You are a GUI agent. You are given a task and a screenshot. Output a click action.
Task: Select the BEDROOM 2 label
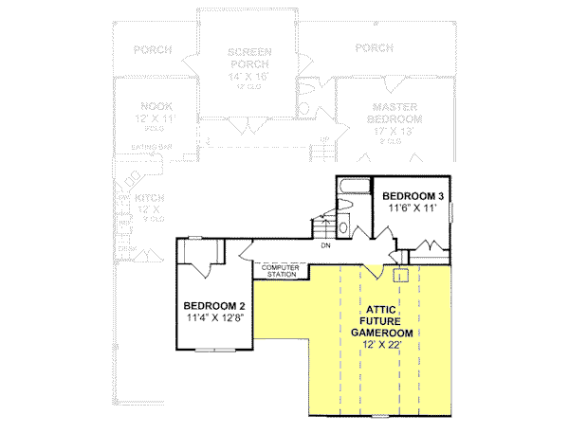(215, 305)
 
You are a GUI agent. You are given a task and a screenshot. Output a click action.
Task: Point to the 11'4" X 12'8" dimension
(215, 317)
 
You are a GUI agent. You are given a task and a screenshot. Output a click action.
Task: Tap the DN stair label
(325, 245)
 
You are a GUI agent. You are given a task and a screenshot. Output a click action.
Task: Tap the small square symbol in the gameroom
(400, 276)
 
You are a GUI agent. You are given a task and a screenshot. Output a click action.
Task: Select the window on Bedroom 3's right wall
(454, 208)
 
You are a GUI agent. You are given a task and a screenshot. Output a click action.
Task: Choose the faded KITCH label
(150, 198)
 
